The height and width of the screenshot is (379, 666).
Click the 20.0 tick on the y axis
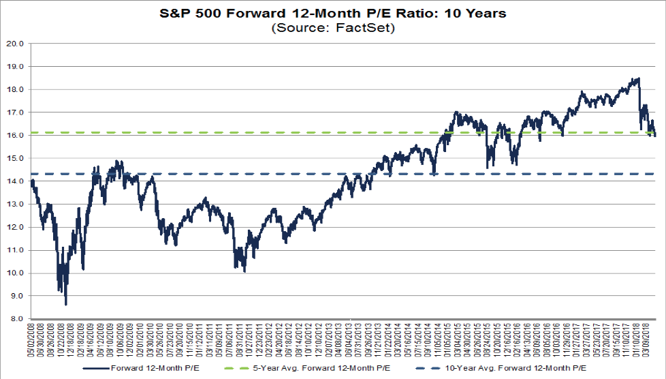tap(14, 44)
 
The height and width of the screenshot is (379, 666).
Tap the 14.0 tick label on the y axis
tap(14, 181)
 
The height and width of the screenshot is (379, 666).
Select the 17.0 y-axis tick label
tap(14, 112)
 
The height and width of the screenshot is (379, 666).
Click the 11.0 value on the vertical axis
tap(14, 250)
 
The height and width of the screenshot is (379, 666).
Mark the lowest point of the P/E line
tap(66, 304)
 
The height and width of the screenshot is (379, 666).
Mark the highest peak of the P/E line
tap(638, 78)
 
